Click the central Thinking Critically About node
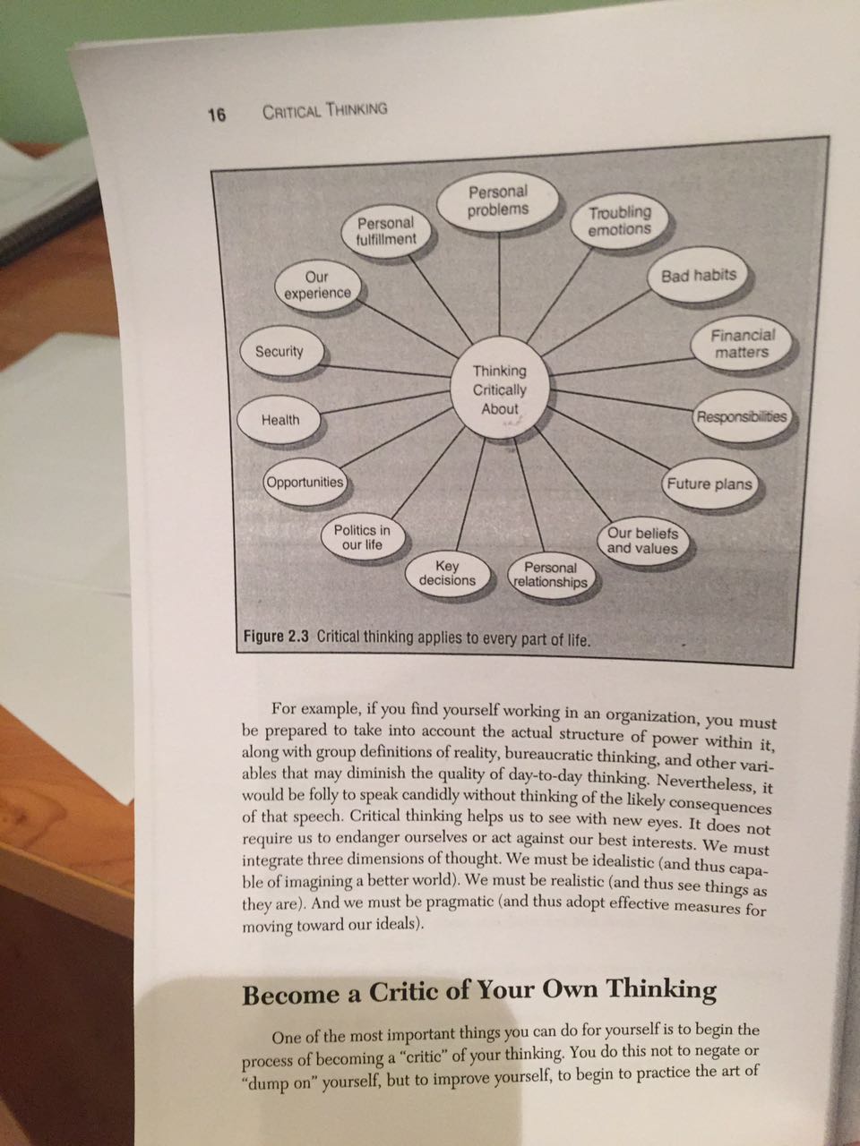(500, 389)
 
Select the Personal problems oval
(499, 201)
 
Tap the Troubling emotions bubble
(619, 220)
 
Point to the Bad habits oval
(698, 275)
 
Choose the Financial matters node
(742, 344)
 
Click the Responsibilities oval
(741, 416)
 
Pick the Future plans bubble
(709, 483)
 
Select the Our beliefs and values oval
(642, 541)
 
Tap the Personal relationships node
(550, 575)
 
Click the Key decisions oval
(447, 573)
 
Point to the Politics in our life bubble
(362, 537)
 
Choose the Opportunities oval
(305, 482)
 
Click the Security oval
(279, 351)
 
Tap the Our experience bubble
(317, 285)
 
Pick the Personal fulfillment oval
(386, 231)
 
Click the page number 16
(217, 114)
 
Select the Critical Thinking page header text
(324, 111)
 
